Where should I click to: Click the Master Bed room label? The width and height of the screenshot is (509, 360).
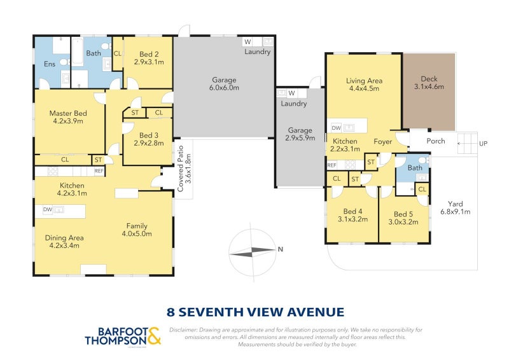[x=68, y=117]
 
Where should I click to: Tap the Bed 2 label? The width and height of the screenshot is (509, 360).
[x=149, y=58]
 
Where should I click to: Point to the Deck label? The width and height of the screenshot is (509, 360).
[x=429, y=83]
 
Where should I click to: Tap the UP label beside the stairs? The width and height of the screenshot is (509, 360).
[x=484, y=144]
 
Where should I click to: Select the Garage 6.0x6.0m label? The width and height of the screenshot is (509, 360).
[x=225, y=84]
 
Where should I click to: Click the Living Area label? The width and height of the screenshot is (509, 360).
[x=363, y=85]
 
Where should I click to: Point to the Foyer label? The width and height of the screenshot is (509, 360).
[x=383, y=141]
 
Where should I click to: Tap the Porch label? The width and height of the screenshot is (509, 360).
[x=436, y=141]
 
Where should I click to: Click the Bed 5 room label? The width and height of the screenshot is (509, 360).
[x=403, y=218]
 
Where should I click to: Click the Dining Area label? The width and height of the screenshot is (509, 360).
[x=64, y=242]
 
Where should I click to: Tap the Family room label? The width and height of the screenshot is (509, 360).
[x=138, y=230]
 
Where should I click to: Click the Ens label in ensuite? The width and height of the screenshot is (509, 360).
[x=49, y=64]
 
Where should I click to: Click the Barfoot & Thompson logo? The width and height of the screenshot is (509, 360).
[x=123, y=336]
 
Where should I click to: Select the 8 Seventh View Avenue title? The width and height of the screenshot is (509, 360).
[x=254, y=312]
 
